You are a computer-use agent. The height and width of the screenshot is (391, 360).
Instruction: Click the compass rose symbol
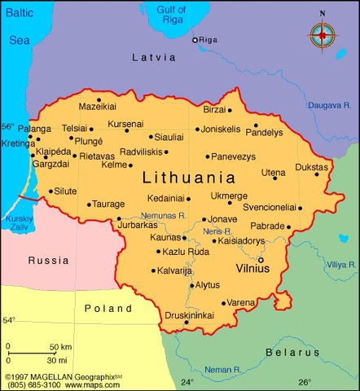click(323, 35)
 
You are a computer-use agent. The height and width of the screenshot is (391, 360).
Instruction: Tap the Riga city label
click(210, 39)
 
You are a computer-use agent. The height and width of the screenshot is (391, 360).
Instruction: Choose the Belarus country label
click(292, 352)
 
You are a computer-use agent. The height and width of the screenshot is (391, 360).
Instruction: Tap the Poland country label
click(108, 309)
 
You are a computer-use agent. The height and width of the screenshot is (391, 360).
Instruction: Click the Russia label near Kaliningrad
click(47, 261)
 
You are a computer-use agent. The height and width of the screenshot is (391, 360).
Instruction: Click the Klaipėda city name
click(52, 152)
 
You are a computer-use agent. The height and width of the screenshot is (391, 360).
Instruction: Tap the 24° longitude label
click(187, 382)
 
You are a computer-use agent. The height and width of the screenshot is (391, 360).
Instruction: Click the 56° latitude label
click(7, 126)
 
